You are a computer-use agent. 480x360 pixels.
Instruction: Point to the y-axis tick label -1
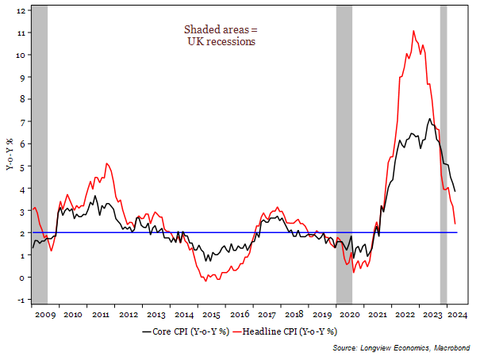click(x=21, y=300)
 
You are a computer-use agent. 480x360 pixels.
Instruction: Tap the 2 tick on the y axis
click(x=21, y=233)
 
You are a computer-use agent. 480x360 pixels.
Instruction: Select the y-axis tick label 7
click(x=21, y=122)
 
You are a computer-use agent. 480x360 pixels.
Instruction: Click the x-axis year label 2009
click(x=45, y=316)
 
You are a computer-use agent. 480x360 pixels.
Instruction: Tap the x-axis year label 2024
click(x=456, y=316)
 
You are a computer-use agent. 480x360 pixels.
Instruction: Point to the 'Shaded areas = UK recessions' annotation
click(x=215, y=36)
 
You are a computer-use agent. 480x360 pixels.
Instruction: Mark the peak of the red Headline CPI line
click(x=414, y=31)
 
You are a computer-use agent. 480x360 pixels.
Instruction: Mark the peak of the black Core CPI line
click(x=429, y=119)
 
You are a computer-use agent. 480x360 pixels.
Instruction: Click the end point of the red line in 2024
click(x=455, y=224)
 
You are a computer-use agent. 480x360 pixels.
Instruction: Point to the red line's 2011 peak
click(x=107, y=163)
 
